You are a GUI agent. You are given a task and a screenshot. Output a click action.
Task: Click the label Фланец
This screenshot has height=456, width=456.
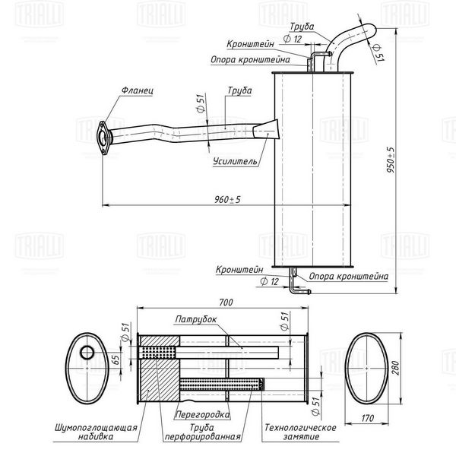[x=137, y=90]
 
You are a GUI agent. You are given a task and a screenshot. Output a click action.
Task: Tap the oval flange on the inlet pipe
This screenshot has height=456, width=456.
[x=103, y=138]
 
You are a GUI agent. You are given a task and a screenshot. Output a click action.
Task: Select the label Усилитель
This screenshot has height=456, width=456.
[x=235, y=161]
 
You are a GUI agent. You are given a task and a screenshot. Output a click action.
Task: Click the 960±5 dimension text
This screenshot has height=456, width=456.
[x=227, y=199]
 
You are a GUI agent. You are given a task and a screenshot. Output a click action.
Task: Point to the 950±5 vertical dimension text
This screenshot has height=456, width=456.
[x=391, y=160]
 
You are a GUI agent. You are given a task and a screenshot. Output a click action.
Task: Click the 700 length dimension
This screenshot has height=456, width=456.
[x=226, y=302]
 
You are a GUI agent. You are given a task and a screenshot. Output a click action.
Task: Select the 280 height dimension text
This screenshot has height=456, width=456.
[x=395, y=368]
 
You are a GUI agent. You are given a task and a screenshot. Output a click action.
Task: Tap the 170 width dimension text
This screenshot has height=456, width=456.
[x=368, y=418]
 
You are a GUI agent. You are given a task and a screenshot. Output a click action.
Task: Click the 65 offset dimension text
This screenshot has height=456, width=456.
[x=116, y=359]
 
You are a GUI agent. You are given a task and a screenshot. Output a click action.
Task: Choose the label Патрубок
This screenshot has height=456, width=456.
[x=196, y=319]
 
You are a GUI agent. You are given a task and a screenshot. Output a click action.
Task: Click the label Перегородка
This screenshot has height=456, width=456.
[x=202, y=414]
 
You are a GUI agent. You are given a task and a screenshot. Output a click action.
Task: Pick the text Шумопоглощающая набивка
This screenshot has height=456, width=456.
[x=96, y=432]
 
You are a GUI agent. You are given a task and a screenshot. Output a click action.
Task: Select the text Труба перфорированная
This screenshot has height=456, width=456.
[x=202, y=432]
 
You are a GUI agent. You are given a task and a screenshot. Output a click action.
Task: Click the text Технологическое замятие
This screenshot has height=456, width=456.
[x=300, y=432]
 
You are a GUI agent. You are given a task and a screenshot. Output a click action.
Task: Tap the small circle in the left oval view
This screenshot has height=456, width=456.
[x=87, y=353]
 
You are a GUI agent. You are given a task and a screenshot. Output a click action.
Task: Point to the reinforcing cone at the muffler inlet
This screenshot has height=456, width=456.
[x=266, y=129]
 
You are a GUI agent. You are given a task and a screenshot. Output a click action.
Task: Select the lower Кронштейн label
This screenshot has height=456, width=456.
[x=239, y=270]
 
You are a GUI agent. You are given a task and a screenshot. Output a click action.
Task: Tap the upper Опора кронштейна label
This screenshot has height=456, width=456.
[x=250, y=59]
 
